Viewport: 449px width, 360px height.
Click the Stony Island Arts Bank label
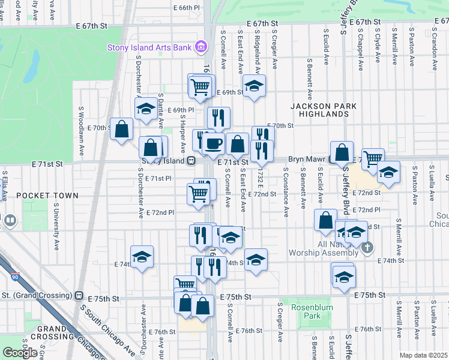(x=149, y=47)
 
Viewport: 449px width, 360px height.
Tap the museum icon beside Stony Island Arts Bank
(x=200, y=47)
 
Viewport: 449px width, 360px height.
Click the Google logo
(x=20, y=352)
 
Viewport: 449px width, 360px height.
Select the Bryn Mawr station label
(x=306, y=160)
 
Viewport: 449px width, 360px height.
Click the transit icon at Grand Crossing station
(x=78, y=295)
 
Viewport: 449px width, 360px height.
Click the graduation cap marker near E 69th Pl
(x=145, y=109)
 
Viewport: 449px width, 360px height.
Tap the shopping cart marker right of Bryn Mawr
(x=373, y=158)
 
